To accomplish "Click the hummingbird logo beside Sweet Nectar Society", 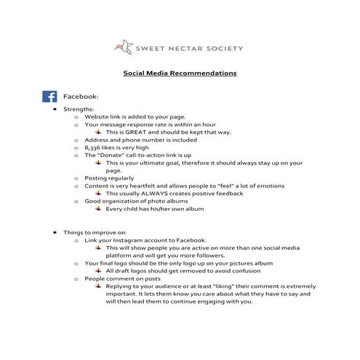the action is click(124, 47).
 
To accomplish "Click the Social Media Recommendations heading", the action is click(180, 73).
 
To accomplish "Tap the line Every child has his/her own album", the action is click(154, 209).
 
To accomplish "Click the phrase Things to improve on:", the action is click(94, 232).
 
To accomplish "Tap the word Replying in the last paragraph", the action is click(120, 287).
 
